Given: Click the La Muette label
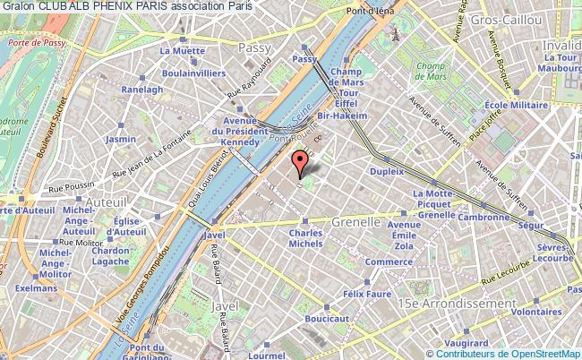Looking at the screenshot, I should [x=178, y=51].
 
